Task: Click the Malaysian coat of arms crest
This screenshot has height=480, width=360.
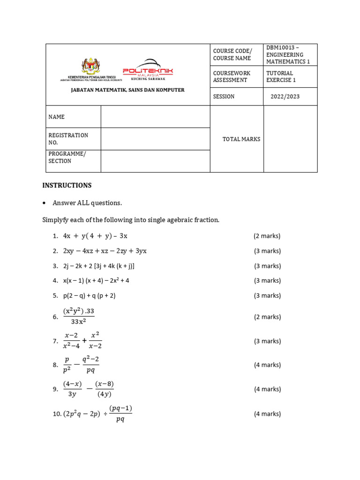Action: (x=90, y=66)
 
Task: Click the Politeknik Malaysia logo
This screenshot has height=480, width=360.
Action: (x=148, y=70)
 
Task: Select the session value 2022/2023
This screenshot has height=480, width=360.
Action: (x=285, y=97)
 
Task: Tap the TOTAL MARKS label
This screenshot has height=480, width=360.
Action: (x=241, y=139)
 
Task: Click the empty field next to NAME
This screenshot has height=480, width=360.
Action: (x=155, y=117)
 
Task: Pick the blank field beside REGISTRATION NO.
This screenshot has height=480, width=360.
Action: (x=155, y=139)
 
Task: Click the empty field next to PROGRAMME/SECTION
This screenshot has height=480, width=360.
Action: (x=155, y=161)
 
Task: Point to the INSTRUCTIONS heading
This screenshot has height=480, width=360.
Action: (x=67, y=185)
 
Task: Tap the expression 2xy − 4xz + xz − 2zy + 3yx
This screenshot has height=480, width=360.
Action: (x=105, y=251)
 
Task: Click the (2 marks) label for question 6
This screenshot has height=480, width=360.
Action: (x=267, y=317)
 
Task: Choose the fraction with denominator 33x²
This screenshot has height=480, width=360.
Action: (x=78, y=316)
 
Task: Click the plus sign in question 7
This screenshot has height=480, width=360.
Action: (x=84, y=341)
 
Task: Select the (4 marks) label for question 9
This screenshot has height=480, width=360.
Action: (x=267, y=389)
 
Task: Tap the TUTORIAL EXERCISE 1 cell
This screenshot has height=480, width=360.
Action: (x=280, y=76)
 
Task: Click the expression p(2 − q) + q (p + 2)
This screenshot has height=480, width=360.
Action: (x=89, y=295)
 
